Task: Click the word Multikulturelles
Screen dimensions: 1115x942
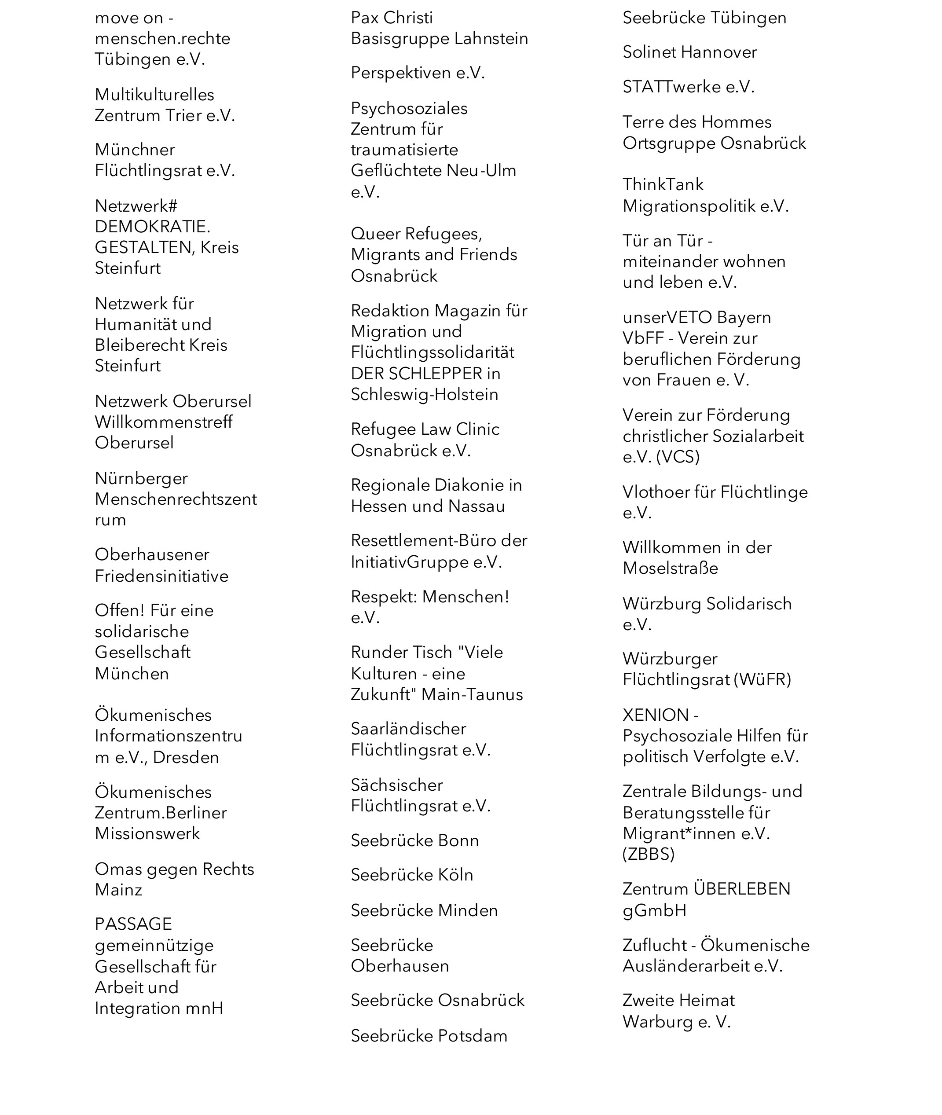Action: point(154,95)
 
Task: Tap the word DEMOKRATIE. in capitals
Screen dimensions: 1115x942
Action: point(152,227)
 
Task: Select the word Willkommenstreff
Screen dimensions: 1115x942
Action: point(163,422)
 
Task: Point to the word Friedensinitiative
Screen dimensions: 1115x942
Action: point(161,576)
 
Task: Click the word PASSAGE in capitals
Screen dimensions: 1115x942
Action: point(133,924)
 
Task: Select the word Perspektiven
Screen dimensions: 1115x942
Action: point(400,73)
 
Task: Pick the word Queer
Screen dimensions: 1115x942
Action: point(374,234)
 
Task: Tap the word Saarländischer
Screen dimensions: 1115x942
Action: point(408,729)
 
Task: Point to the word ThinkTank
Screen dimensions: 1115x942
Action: point(663,185)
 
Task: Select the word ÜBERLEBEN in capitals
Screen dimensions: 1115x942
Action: point(742,889)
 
